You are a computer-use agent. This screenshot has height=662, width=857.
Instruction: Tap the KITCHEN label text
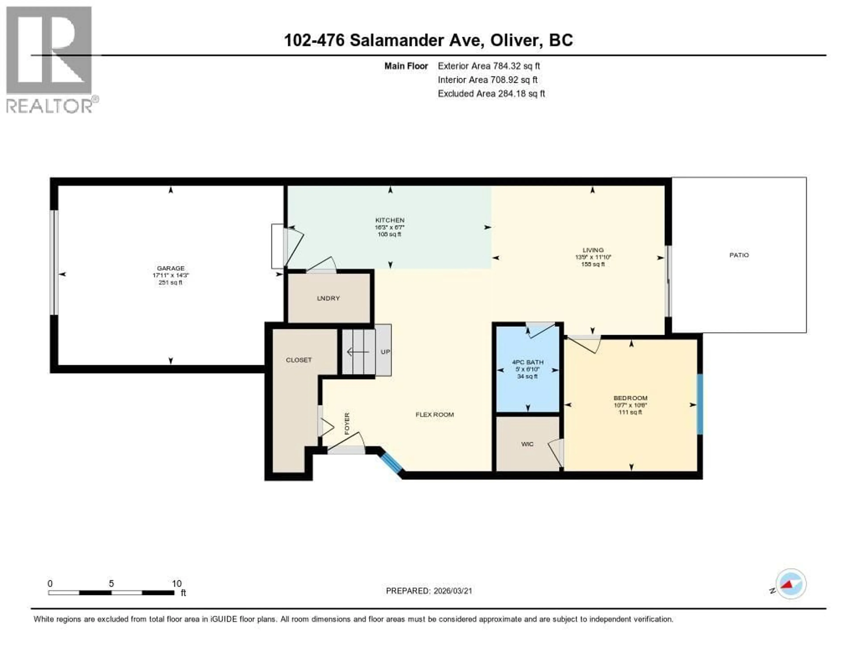pos(390,220)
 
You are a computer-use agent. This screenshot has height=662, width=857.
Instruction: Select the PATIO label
pos(739,255)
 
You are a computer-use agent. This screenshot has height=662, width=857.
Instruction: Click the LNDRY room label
pos(328,298)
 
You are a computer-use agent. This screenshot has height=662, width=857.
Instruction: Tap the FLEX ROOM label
pos(434,414)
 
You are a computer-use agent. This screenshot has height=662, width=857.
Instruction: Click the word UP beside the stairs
pos(385,352)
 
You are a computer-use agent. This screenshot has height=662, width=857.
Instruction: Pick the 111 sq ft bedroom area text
pos(630,412)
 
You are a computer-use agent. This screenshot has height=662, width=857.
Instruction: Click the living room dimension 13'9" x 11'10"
pos(593,257)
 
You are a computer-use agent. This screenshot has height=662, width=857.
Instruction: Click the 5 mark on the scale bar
pos(111,583)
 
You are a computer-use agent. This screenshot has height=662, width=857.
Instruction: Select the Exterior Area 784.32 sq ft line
pos(489,66)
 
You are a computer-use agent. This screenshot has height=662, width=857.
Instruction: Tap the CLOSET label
pos(299,360)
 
